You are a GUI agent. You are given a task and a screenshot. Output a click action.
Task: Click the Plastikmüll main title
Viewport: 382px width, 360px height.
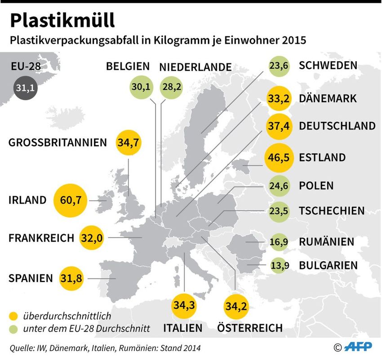click(63, 20)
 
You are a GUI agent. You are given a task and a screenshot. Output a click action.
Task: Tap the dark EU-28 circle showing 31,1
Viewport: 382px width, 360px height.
click(25, 89)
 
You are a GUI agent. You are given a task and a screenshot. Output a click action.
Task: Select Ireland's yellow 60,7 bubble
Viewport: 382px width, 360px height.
click(70, 200)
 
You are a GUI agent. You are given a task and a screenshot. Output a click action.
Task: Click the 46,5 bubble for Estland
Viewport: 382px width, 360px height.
click(279, 158)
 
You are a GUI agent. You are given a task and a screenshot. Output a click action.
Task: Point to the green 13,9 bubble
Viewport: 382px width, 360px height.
click(279, 265)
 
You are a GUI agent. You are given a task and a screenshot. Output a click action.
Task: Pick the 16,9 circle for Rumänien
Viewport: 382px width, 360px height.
click(279, 242)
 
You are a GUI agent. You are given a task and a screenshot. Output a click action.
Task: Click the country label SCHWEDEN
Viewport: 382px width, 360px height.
click(328, 66)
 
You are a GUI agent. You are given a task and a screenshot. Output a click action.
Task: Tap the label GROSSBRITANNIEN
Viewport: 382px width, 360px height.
click(58, 143)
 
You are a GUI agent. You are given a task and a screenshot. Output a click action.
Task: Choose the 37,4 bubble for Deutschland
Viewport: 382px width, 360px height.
click(279, 126)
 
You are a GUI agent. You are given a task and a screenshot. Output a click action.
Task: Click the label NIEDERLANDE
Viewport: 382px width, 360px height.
click(195, 67)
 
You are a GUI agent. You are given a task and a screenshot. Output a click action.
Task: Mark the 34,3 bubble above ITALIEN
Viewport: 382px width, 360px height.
click(185, 306)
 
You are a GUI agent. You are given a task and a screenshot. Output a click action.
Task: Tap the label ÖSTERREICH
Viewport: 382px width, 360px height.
click(250, 328)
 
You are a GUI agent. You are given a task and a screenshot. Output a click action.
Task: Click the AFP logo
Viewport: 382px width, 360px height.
click(360, 347)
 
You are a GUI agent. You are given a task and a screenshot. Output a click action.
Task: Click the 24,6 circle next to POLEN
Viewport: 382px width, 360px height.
click(279, 185)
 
